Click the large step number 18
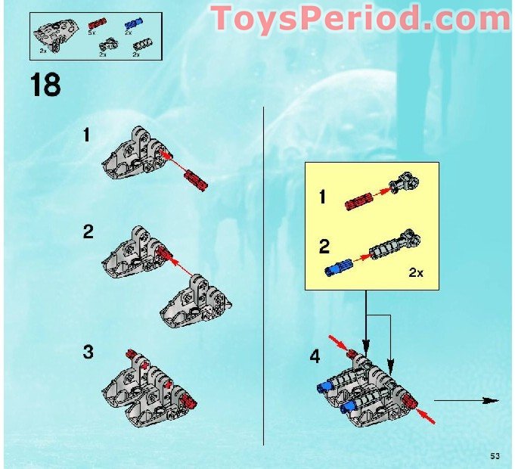coord(45,83)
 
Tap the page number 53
coord(495,455)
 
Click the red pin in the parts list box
coord(95,24)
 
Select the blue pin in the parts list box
coord(129,24)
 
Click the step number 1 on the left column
coord(87,135)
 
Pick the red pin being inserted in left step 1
coord(194,180)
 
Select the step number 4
coord(315,356)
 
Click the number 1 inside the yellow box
coord(323,198)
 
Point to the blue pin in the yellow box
coord(337,269)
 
